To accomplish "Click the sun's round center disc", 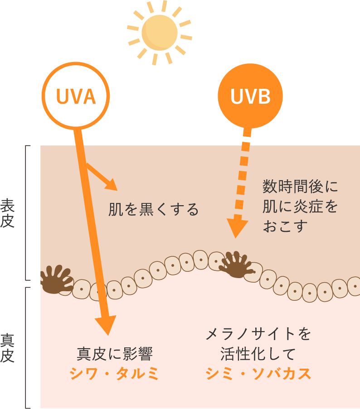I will click(159, 33).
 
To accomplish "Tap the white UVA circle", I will click(76, 96).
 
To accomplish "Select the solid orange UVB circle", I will click(250, 96).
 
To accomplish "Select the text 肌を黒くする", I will click(153, 210).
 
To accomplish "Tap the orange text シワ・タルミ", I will click(114, 374).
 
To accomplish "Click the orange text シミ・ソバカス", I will click(258, 374).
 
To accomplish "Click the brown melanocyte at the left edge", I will click(55, 279).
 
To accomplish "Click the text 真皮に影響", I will click(114, 353).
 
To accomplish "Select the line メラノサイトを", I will click(258, 334).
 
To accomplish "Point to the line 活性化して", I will click(258, 353).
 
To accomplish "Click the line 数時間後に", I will click(300, 186).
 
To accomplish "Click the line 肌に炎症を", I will click(300, 206).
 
